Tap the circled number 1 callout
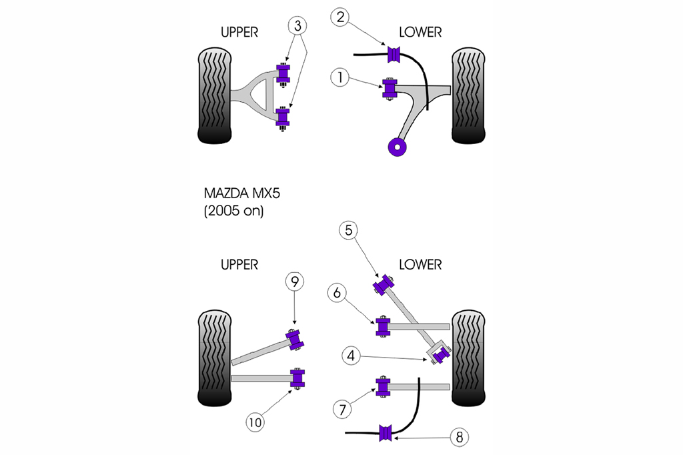pos(340,78)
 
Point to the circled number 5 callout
pos(349,230)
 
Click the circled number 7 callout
pos(342,408)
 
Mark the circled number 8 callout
pos(458,438)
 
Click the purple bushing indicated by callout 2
pos(394,54)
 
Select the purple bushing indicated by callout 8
pos(385,432)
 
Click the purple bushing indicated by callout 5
pos(383,284)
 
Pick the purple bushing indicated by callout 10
pos(297,378)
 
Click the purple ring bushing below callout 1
pos(398,147)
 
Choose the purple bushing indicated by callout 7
pos(383,387)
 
